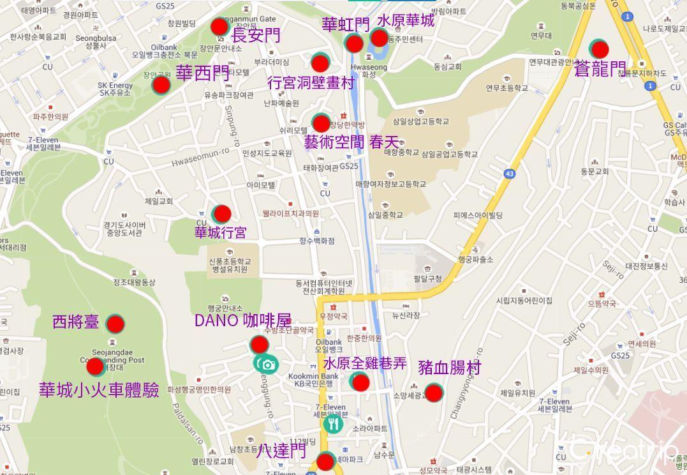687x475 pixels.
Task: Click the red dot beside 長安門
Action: pos(219,27)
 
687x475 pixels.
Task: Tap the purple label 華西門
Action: pos(202,73)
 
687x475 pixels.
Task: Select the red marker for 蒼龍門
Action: pos(599,49)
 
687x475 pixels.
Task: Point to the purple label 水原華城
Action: pos(406,20)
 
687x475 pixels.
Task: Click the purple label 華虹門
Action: pos(345,24)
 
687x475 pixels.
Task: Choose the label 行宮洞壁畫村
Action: pos(311,82)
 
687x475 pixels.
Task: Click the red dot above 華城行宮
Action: pos(221,213)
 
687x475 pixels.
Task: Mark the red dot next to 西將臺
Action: pos(115,324)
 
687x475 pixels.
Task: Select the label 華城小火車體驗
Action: pos(99,389)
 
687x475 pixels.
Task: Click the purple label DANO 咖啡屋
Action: pos(242,320)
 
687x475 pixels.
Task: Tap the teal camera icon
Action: pos(266,364)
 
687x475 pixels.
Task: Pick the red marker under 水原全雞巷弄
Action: pos(360,382)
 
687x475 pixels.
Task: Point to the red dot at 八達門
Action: pos(325,461)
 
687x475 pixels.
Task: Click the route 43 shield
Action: pos(509,174)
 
